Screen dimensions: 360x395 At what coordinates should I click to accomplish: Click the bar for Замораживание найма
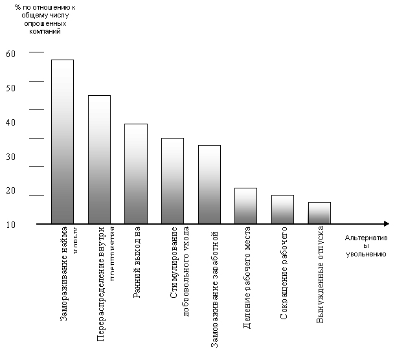[x=63, y=142]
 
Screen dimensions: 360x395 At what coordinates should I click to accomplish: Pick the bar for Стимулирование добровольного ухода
[x=172, y=181]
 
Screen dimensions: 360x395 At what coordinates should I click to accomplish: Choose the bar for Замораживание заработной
[x=209, y=185]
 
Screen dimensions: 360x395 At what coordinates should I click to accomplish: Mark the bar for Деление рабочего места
[x=246, y=206]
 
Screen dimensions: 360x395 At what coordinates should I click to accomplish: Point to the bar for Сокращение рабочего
[x=282, y=209]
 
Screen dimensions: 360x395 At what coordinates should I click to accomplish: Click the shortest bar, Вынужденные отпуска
[x=319, y=213]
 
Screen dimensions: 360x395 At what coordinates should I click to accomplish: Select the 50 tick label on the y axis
[x=10, y=87]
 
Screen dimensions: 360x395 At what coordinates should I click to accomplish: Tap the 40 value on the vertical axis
[x=10, y=122]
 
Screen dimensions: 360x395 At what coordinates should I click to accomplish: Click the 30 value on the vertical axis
[x=10, y=156]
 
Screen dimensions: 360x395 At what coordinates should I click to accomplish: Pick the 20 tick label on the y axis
[x=10, y=190]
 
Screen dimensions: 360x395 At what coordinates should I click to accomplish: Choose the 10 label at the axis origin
[x=10, y=224]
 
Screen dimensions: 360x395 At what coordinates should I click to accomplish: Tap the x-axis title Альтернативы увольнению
[x=366, y=246]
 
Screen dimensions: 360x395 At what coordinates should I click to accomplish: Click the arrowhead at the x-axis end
[x=386, y=224]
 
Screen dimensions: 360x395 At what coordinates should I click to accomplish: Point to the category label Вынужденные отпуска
[x=320, y=275]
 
